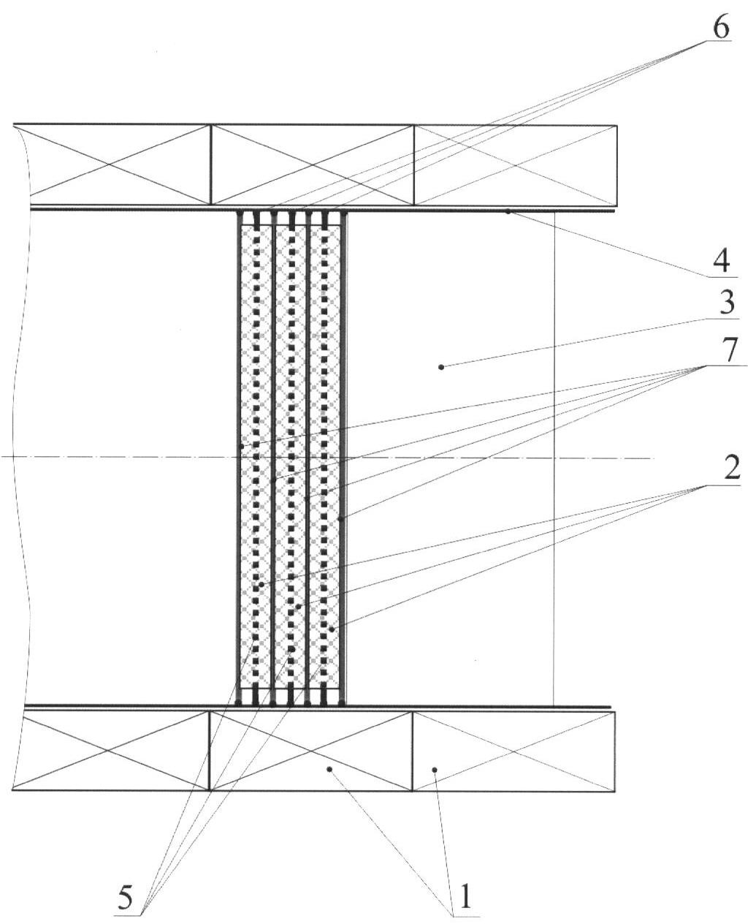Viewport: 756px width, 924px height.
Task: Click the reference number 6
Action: pyautogui.click(x=721, y=28)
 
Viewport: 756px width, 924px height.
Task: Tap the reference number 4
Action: pyautogui.click(x=722, y=262)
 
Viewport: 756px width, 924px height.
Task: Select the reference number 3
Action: pyautogui.click(x=727, y=303)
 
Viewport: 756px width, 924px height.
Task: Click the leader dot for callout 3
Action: pyautogui.click(x=441, y=367)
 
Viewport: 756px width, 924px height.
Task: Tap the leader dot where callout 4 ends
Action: pyautogui.click(x=508, y=212)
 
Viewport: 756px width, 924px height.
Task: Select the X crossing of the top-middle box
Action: pyautogui.click(x=313, y=165)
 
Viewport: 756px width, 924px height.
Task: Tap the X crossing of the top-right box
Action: pyautogui.click(x=516, y=165)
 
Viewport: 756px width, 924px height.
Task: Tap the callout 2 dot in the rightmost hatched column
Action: pyautogui.click(x=332, y=629)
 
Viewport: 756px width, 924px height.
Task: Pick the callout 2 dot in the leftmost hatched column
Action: pyautogui.click(x=261, y=585)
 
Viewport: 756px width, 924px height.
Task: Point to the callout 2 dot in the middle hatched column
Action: pyautogui.click(x=298, y=607)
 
